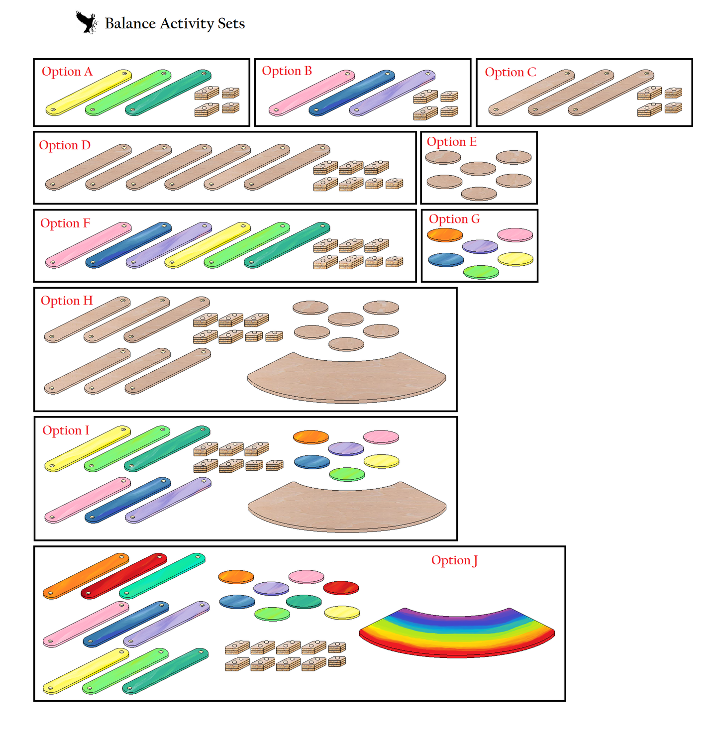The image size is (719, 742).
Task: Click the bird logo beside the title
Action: [86, 22]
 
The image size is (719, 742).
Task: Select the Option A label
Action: [67, 72]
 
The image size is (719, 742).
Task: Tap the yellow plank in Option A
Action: [89, 93]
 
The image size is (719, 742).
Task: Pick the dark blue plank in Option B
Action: [352, 93]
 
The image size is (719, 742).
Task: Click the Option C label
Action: [510, 72]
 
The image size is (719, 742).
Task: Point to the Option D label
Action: [65, 145]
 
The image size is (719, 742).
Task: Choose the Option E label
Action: [451, 142]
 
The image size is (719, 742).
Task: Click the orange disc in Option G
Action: [445, 235]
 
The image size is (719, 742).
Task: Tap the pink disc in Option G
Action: [515, 234]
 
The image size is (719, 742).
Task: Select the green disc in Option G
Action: [481, 272]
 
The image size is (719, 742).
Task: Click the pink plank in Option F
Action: [89, 245]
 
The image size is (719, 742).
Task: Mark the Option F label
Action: [65, 223]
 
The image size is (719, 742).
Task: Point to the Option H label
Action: [67, 301]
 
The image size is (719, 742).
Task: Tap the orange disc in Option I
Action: [311, 437]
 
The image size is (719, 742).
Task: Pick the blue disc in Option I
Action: [312, 462]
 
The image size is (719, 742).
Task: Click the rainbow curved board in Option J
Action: [457, 632]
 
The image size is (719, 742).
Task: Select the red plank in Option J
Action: [124, 576]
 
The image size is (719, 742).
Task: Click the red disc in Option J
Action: [341, 587]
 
